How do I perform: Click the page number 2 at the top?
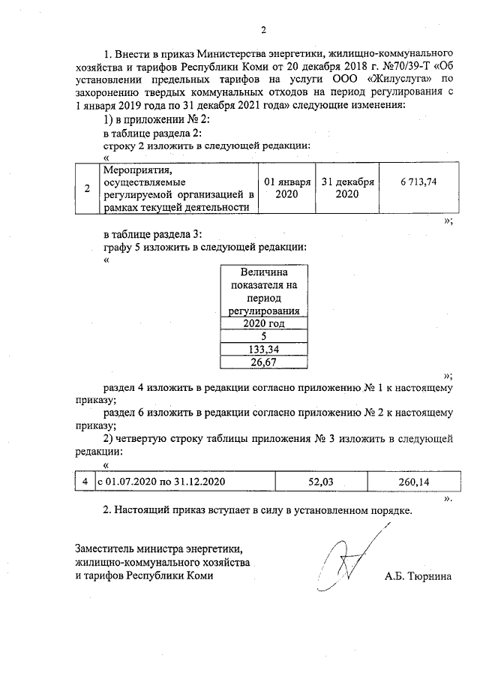tap(263, 31)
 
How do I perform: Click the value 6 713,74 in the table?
tap(418, 182)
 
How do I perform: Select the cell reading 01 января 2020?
tap(286, 188)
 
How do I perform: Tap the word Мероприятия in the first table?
tap(132, 170)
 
